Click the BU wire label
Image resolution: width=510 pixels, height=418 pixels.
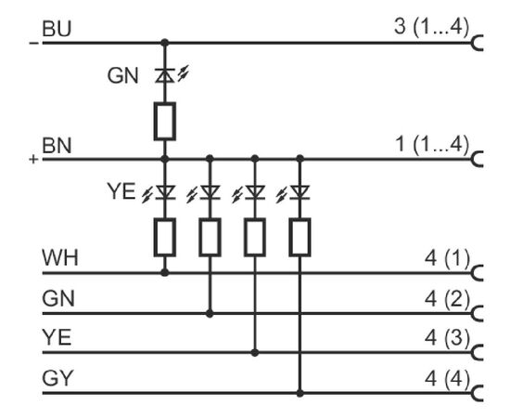(x=57, y=29)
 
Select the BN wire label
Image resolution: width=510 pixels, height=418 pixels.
(x=57, y=145)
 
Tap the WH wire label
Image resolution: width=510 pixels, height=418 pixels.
(x=60, y=257)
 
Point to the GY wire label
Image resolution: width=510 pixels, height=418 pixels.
(x=57, y=378)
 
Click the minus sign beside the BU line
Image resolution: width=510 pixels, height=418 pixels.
(x=33, y=43)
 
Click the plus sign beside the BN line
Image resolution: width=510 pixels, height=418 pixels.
(x=33, y=160)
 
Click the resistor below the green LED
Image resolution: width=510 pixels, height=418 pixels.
(x=165, y=121)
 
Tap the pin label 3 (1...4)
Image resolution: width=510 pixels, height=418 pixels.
(x=432, y=27)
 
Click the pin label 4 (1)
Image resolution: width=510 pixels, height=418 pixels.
(x=448, y=258)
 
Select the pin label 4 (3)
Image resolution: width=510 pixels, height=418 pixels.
(x=448, y=337)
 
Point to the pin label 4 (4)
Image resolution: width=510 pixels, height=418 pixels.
(x=448, y=379)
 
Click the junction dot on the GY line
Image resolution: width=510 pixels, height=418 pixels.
(x=300, y=393)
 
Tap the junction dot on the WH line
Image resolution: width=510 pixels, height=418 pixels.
(x=165, y=273)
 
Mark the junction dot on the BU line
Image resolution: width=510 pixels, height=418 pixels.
(x=165, y=43)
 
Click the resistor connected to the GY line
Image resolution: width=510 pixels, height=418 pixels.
(x=300, y=237)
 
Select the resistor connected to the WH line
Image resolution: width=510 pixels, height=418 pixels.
(x=165, y=237)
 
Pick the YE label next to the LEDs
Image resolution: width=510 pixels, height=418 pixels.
(x=121, y=191)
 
